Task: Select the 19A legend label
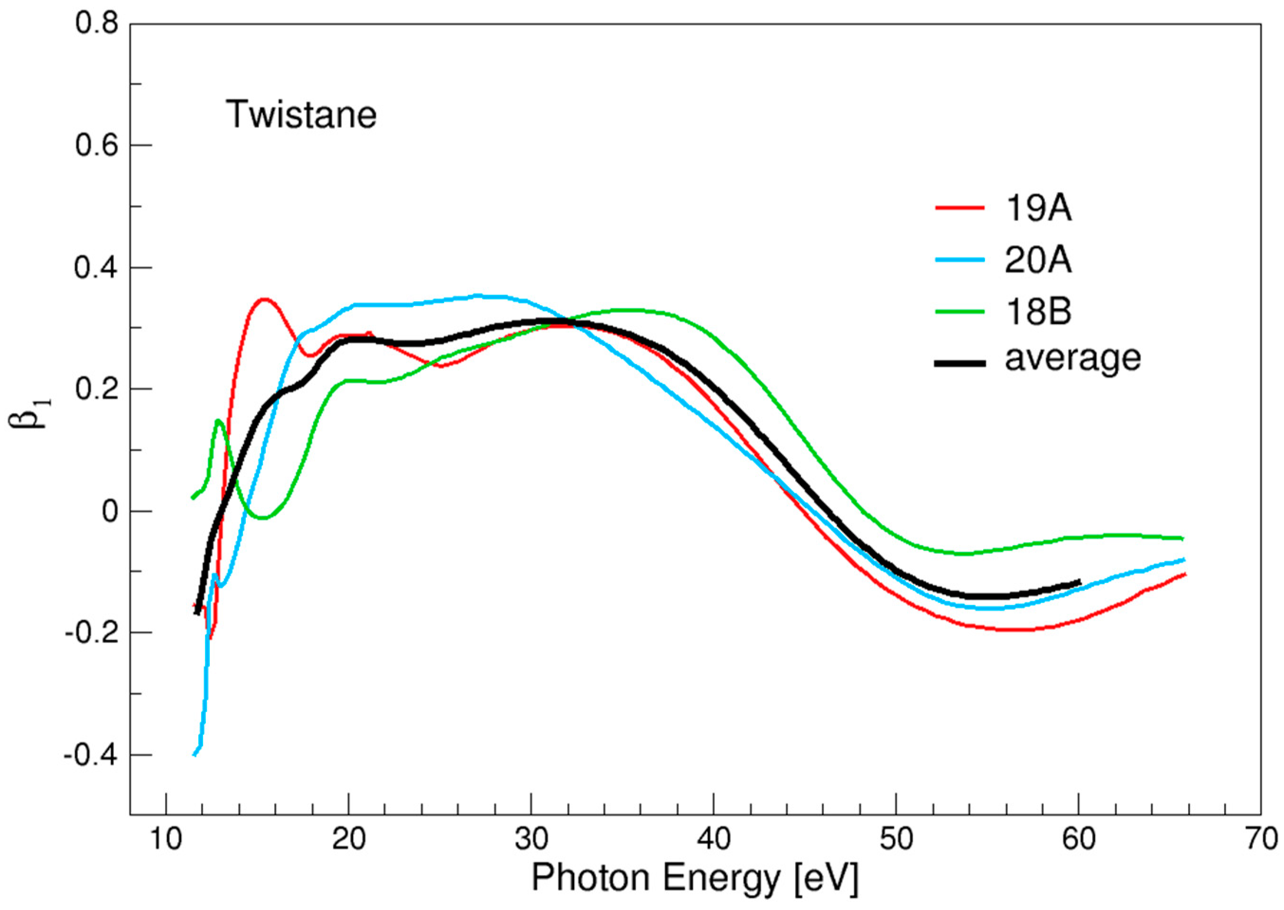1037,210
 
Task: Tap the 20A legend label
1037,260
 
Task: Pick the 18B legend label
1037,312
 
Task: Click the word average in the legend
1072,359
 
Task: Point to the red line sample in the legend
960,208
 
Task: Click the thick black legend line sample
960,363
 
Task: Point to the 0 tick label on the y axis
111,512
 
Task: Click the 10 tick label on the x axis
167,839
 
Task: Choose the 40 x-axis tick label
714,839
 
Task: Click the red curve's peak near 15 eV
263,299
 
